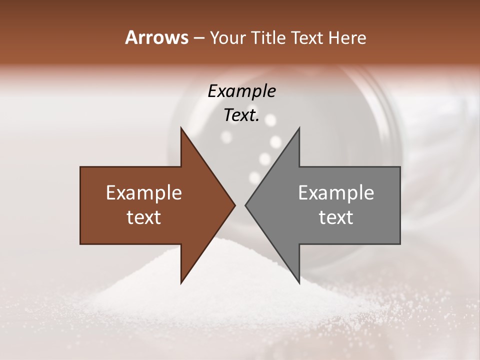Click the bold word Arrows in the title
click(x=157, y=37)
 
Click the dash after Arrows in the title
click(x=198, y=38)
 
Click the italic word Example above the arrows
click(x=241, y=91)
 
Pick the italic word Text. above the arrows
click(x=241, y=115)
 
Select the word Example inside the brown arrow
click(x=144, y=193)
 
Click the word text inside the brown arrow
click(x=144, y=217)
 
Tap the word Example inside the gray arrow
click(x=336, y=193)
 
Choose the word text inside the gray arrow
click(x=336, y=217)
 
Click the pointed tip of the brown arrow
click(x=234, y=205)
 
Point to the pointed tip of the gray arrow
click(x=245, y=205)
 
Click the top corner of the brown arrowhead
click(x=181, y=128)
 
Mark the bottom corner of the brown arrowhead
click(x=181, y=283)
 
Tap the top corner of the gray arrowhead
click(x=299, y=128)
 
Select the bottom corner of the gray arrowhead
click(x=299, y=283)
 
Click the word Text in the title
click(x=308, y=37)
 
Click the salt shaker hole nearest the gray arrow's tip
click(x=255, y=177)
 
